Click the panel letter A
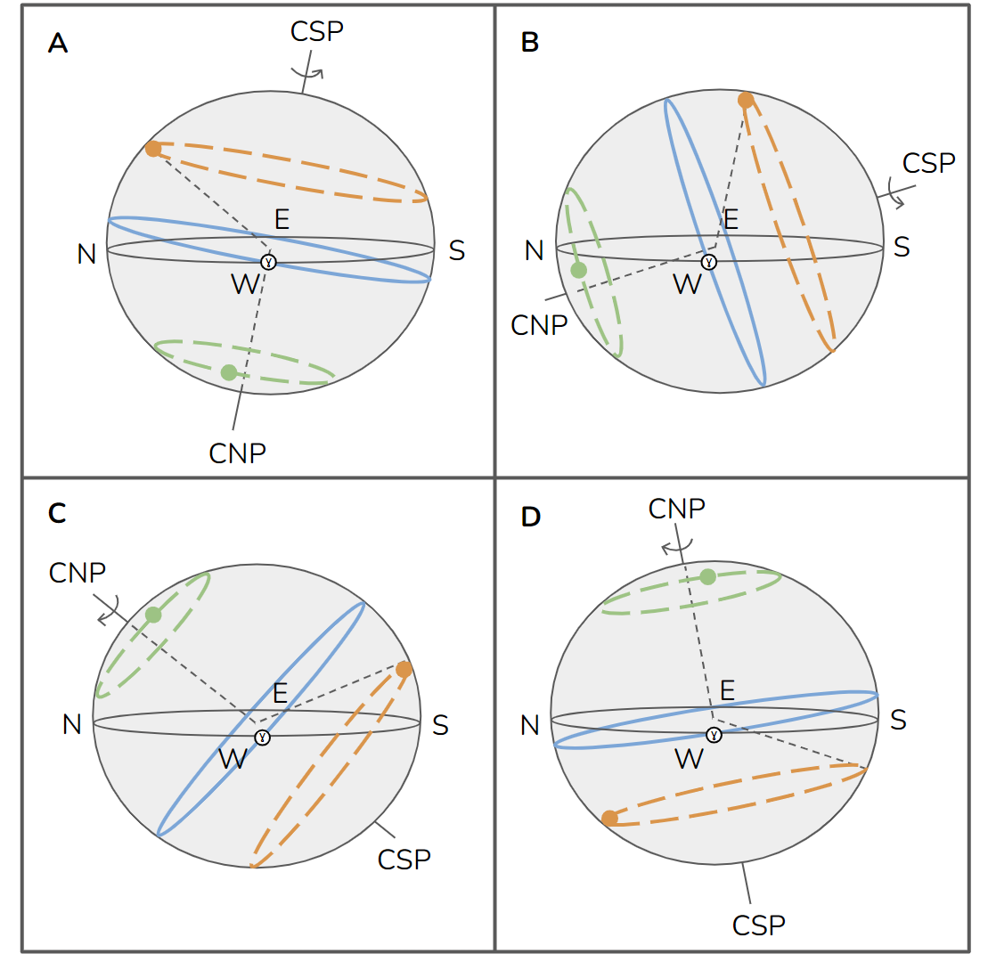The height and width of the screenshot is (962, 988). point(57,44)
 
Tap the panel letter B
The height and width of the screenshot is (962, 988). point(529,44)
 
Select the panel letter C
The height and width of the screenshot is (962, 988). point(57,514)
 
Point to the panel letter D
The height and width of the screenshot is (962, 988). point(530,517)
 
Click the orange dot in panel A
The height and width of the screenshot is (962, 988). point(153,149)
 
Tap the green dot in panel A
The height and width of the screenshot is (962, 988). point(229,372)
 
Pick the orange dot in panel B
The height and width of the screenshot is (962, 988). point(746,101)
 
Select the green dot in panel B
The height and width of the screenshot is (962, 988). point(579,270)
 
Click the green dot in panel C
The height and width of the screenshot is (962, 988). point(153,615)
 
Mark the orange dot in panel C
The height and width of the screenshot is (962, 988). point(404,669)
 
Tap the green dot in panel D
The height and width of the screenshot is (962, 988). point(707,576)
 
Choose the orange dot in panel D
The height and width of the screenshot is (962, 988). point(609,818)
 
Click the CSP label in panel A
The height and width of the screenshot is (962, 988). point(317,30)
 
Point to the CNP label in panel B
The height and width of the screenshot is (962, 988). point(539,325)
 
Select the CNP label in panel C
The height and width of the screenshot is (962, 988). point(78,572)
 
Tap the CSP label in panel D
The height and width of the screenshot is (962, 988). point(759,925)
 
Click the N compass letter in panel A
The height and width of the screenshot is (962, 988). point(86,255)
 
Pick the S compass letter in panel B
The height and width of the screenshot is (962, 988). point(902,247)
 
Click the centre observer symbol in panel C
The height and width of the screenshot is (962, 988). point(262,738)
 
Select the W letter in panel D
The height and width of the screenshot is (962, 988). point(689,759)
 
